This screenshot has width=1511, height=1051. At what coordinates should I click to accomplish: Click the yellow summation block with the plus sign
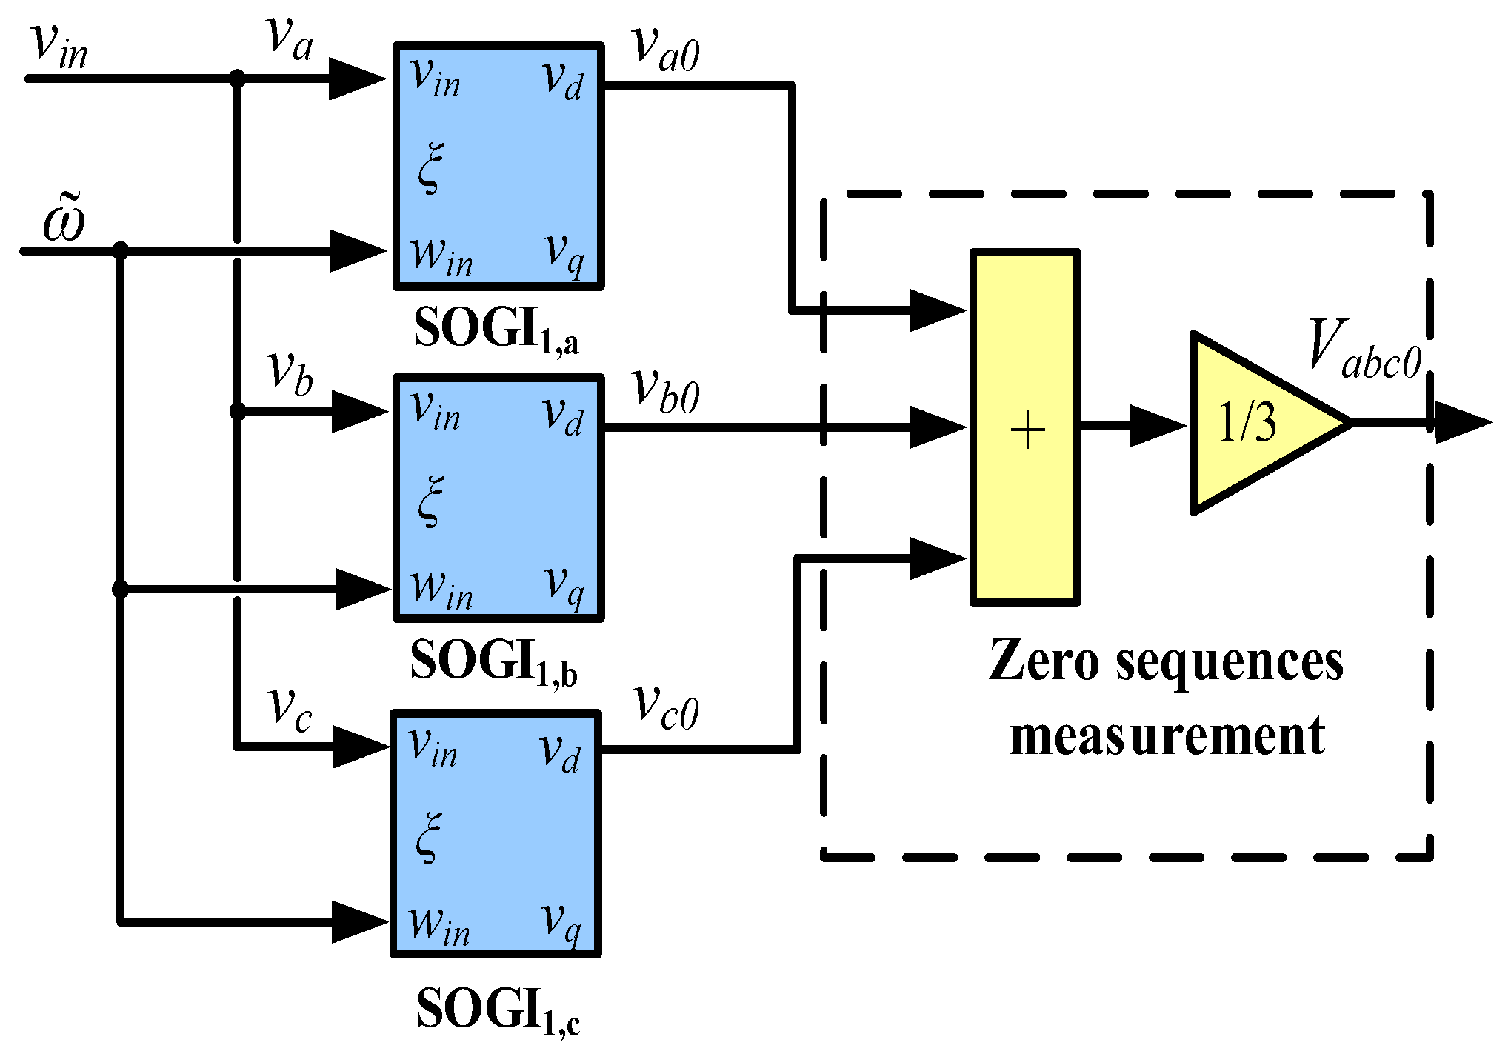click(x=1024, y=427)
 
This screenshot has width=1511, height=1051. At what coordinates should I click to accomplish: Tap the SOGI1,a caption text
click(x=496, y=329)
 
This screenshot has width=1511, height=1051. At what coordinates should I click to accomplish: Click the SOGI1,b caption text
click(x=493, y=661)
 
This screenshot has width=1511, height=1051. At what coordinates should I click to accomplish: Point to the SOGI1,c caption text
click(x=498, y=1010)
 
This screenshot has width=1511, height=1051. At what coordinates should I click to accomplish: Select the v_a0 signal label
click(x=666, y=50)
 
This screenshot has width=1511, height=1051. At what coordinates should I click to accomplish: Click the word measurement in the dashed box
click(x=1167, y=736)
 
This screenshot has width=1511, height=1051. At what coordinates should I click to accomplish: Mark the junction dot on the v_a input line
click(x=237, y=78)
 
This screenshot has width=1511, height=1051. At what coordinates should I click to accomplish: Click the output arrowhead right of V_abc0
click(x=1462, y=423)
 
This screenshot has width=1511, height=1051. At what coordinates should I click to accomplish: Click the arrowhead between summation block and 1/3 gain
click(x=1155, y=426)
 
